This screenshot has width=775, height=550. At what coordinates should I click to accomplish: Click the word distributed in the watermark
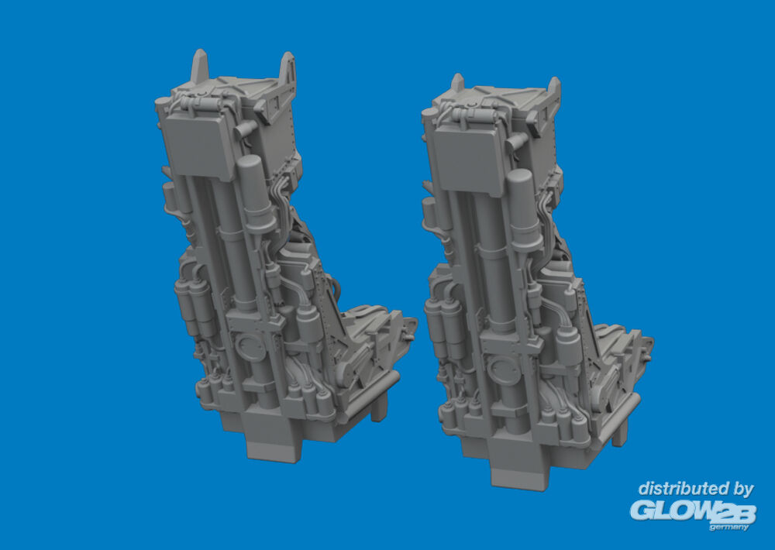click(681, 489)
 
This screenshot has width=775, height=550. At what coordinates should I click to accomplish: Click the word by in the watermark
click(742, 490)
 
